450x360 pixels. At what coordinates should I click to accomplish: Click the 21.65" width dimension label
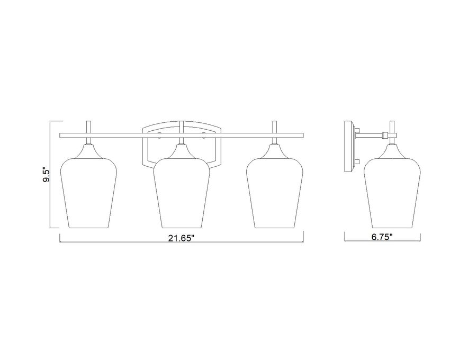[x=182, y=238]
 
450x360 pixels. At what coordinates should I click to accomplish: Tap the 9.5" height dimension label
[x=47, y=175]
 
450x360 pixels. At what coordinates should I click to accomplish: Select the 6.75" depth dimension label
[x=382, y=237]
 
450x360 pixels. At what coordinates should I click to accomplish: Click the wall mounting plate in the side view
[x=349, y=147]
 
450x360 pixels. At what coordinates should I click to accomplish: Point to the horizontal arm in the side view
[x=371, y=134]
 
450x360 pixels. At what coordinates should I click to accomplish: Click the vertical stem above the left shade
[x=89, y=127]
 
